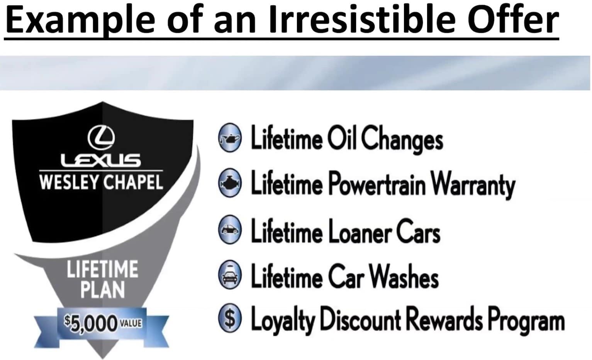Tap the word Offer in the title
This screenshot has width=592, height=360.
pos(514,20)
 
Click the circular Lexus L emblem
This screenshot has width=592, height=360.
pos(102,137)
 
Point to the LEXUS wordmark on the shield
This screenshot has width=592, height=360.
pos(101,161)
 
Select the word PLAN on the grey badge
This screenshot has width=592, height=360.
pos(103,289)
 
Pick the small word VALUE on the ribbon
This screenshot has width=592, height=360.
pos(131,323)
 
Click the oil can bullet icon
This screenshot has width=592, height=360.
pos(230,138)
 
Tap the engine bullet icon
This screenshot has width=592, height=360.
pos(230,183)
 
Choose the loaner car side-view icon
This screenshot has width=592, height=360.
pos(230,229)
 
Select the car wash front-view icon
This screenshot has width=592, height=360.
pos(230,275)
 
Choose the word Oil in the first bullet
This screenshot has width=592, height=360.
pos(341,138)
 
